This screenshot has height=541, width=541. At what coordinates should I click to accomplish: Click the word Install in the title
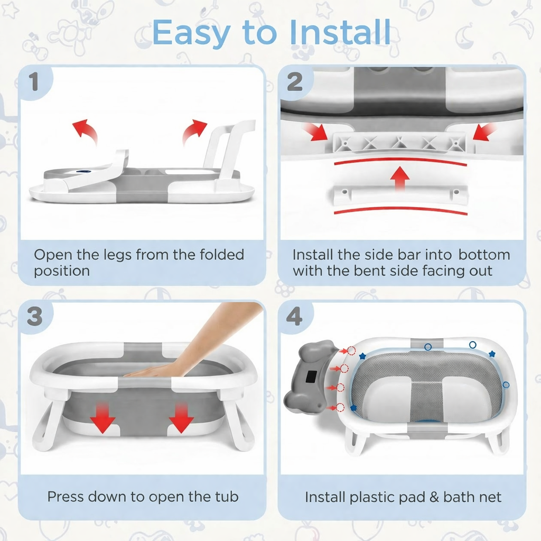340,32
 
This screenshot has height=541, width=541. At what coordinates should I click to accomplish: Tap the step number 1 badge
34,82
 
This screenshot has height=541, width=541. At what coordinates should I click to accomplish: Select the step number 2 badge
295,82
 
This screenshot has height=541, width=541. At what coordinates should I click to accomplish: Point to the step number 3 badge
34,316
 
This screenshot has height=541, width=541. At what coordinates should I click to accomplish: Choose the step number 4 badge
294,316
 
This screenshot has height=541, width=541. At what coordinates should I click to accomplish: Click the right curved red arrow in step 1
194,132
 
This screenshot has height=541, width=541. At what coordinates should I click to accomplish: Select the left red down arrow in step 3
102,417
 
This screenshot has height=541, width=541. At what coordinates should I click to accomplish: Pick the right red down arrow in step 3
181,417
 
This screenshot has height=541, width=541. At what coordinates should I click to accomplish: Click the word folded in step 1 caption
222,255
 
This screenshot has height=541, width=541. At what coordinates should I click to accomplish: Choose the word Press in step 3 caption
66,497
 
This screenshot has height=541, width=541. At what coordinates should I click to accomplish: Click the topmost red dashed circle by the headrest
351,351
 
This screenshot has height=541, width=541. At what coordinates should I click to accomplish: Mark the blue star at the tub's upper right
492,353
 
